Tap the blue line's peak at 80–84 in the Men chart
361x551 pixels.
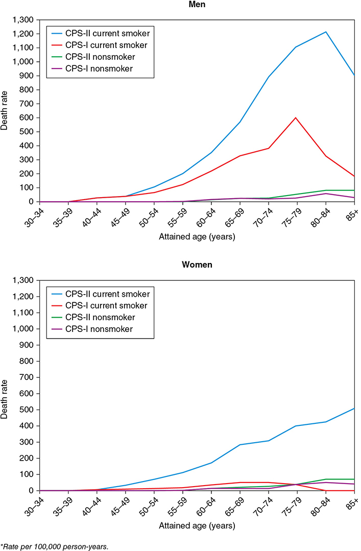(x=326, y=32)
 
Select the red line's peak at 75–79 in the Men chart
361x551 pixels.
(x=297, y=118)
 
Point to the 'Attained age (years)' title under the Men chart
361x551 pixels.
(x=197, y=237)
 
